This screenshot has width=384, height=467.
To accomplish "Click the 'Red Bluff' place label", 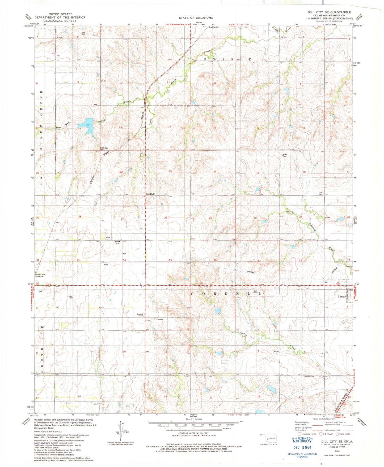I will pyautogui.click(x=150, y=194).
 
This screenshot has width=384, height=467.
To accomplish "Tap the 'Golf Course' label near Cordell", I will pyautogui.click(x=255, y=292).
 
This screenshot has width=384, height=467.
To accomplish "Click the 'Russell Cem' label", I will pyautogui.click(x=309, y=377).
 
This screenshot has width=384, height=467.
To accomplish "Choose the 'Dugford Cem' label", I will pyautogui.click(x=140, y=315).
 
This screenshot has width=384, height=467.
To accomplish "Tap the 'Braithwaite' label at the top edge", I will pyautogui.click(x=213, y=27).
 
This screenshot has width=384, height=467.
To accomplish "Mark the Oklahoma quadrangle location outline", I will pyautogui.click(x=268, y=439).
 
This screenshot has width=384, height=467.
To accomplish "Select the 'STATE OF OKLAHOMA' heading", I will pyautogui.click(x=196, y=18).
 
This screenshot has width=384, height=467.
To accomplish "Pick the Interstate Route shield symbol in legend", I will pyautogui.click(x=299, y=434).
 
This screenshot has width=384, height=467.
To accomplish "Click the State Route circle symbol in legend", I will pyautogui.click(x=337, y=434).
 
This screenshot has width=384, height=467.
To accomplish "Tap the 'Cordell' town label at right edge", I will pyautogui.click(x=341, y=296).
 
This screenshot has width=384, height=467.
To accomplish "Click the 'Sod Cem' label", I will pyautogui.click(x=321, y=193).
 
